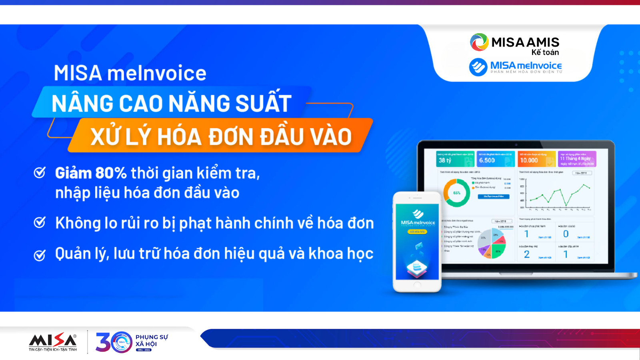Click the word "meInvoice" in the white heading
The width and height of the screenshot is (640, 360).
click(157, 73)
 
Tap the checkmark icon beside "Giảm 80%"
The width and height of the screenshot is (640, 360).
click(40, 173)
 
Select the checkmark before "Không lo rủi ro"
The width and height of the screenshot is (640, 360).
click(40, 222)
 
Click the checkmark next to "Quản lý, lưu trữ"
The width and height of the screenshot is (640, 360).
click(40, 255)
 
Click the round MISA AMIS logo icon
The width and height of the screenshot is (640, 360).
click(479, 42)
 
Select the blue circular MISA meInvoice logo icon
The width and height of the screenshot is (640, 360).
click(478, 67)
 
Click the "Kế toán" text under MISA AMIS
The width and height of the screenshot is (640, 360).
click(545, 52)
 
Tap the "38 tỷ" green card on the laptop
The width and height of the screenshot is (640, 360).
click(455, 159)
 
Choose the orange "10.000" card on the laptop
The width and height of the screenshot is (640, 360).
click(536, 159)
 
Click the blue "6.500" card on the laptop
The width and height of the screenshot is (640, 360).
click(496, 159)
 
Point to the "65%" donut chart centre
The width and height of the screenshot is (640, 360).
click(456, 193)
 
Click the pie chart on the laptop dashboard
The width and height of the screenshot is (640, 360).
click(492, 243)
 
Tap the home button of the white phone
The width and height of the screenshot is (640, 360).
click(417, 285)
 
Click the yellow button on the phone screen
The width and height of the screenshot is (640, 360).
click(417, 232)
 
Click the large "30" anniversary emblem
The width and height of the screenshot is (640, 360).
click(114, 342)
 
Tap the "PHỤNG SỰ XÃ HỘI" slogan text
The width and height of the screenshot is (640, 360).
click(152, 340)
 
